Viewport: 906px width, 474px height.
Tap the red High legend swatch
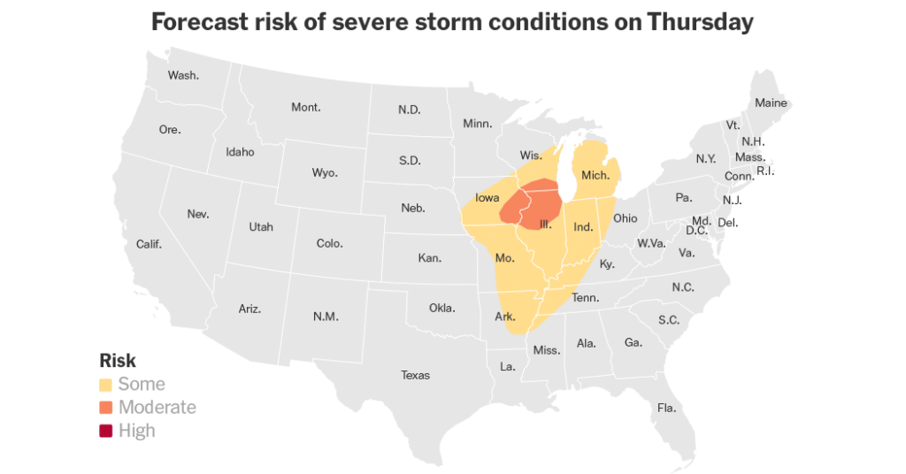pyautogui.click(x=106, y=431)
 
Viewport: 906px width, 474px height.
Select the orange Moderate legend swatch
pyautogui.click(x=106, y=408)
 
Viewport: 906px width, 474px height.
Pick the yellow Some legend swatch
pyautogui.click(x=106, y=385)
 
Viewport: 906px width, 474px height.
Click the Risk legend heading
pyautogui.click(x=118, y=361)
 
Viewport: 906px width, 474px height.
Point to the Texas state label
pyautogui.click(x=415, y=375)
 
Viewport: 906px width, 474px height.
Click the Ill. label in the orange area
pyautogui.click(x=548, y=225)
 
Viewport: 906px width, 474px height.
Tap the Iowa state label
pyautogui.click(x=488, y=198)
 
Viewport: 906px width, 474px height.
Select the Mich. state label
pyautogui.click(x=595, y=175)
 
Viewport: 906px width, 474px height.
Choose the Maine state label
pyautogui.click(x=771, y=103)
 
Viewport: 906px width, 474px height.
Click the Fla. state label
pyautogui.click(x=666, y=408)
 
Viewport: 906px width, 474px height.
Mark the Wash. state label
pyautogui.click(x=183, y=75)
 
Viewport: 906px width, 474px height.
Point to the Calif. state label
pyautogui.click(x=149, y=244)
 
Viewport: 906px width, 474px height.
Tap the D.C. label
pyautogui.click(x=695, y=231)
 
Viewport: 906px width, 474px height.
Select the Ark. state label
pyautogui.click(x=505, y=316)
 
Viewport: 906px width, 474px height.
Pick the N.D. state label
pyautogui.click(x=409, y=110)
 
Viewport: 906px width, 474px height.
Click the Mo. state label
pyautogui.click(x=504, y=258)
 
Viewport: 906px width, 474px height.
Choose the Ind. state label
pyautogui.click(x=583, y=227)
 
